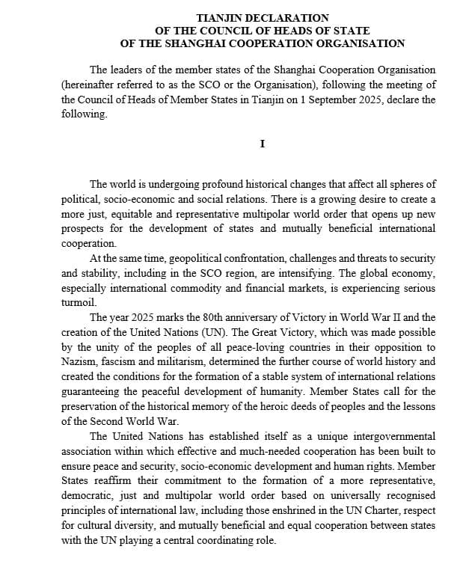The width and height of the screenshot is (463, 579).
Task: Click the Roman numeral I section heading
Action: pos(262,143)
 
